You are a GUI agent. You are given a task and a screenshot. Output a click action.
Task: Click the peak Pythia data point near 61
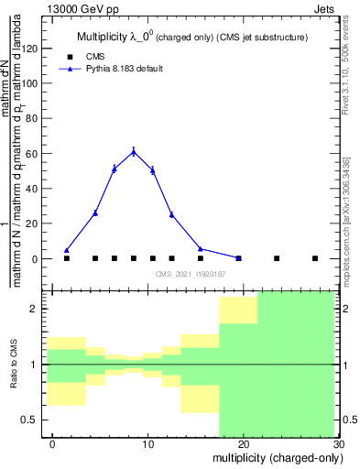134,151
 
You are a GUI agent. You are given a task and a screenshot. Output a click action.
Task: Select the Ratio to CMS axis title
15,365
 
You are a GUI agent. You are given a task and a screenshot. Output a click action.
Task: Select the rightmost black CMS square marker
315,258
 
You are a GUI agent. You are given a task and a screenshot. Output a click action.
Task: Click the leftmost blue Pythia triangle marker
67,250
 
